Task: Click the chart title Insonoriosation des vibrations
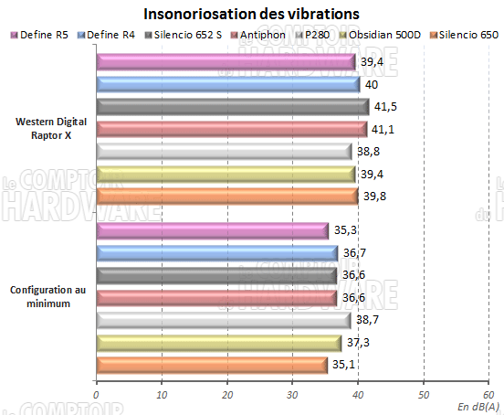(251, 15)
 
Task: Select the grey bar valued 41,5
(232, 107)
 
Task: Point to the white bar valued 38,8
(224, 152)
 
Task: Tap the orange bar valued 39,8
(226, 197)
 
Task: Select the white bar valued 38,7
(224, 320)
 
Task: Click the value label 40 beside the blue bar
(372, 84)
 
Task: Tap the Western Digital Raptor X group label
(49, 128)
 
